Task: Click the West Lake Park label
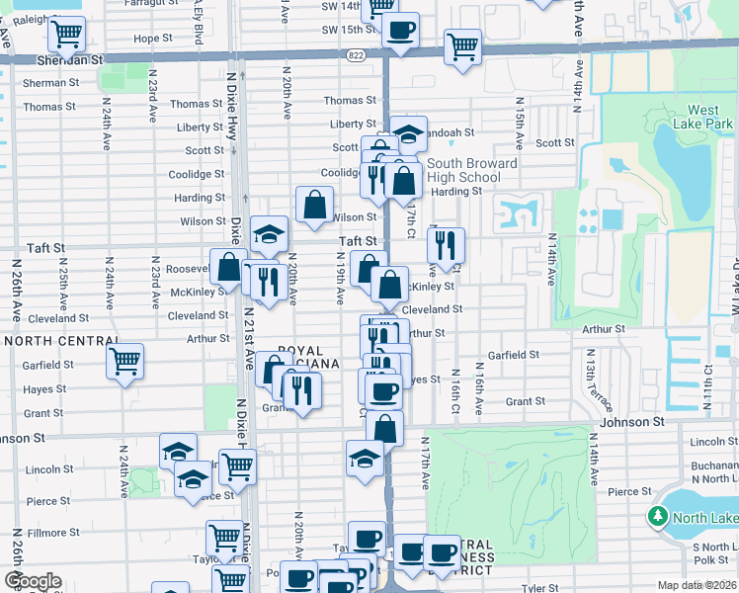[703, 118]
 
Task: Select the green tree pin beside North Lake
[658, 516]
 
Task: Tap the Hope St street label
[152, 39]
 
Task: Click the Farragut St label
[152, 3]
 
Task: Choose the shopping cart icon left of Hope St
[66, 34]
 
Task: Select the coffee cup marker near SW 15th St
[400, 31]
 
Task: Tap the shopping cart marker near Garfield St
[124, 362]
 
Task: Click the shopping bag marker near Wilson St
[314, 206]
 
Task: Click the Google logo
[33, 581]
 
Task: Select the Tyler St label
[540, 587]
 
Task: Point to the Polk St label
[710, 559]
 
